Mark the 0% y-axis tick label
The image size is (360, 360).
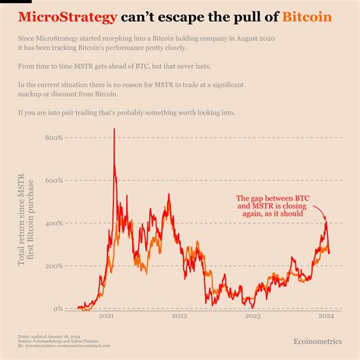(58, 308)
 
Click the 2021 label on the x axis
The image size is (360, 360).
(106, 317)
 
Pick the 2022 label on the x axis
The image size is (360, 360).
(179, 317)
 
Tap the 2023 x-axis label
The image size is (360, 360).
(252, 317)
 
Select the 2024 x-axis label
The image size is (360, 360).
(325, 317)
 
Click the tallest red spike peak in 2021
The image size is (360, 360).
(114, 130)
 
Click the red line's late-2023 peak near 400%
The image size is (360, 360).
(326, 223)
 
